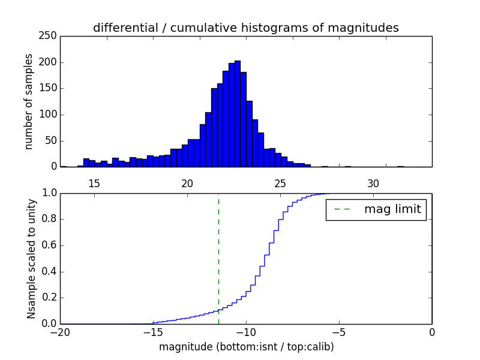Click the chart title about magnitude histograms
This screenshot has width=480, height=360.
click(245, 28)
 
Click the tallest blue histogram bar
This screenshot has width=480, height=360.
click(238, 114)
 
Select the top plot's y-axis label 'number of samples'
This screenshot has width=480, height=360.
click(29, 101)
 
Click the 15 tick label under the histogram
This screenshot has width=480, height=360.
click(94, 184)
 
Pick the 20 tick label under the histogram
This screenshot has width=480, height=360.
click(187, 184)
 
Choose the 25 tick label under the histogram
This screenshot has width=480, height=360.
click(280, 184)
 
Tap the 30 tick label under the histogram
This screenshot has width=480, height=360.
click(373, 184)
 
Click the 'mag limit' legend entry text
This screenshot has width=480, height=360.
click(392, 209)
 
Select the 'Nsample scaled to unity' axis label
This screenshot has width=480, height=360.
click(31, 259)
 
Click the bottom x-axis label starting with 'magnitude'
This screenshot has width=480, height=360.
click(246, 347)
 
